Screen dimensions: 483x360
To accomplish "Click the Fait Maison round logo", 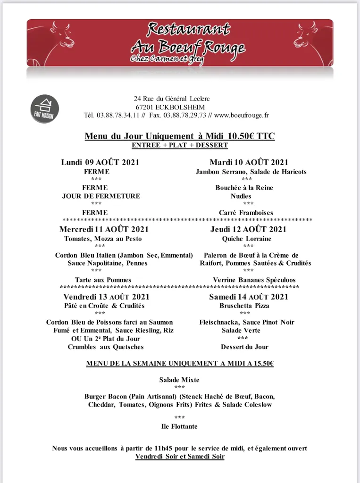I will (45, 109).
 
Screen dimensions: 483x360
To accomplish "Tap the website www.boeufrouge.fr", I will (241, 115).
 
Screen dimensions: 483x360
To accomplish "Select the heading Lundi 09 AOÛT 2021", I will (100, 163).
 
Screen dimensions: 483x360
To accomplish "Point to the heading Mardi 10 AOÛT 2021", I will (249, 163).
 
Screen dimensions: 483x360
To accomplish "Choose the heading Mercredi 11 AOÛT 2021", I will (104, 230).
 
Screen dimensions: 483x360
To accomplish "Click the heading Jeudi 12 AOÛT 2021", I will (248, 230).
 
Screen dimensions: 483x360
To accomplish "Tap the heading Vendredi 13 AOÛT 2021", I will (106, 297).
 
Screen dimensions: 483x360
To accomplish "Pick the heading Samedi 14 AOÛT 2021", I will (248, 297).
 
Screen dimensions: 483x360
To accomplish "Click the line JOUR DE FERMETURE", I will (101, 196).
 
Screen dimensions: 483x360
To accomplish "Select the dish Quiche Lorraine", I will (247, 239).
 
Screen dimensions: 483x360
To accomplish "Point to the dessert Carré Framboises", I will (246, 213).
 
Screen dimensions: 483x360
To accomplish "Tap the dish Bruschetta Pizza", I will (244, 306).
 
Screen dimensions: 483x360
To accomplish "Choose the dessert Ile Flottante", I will (179, 427).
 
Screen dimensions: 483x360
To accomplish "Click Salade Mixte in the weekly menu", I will (179, 380).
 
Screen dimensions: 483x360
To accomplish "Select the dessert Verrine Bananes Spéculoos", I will (247, 280).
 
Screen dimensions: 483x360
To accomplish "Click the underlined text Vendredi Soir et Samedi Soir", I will (180, 457).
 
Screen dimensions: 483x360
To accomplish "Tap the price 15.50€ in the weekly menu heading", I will (262, 364).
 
